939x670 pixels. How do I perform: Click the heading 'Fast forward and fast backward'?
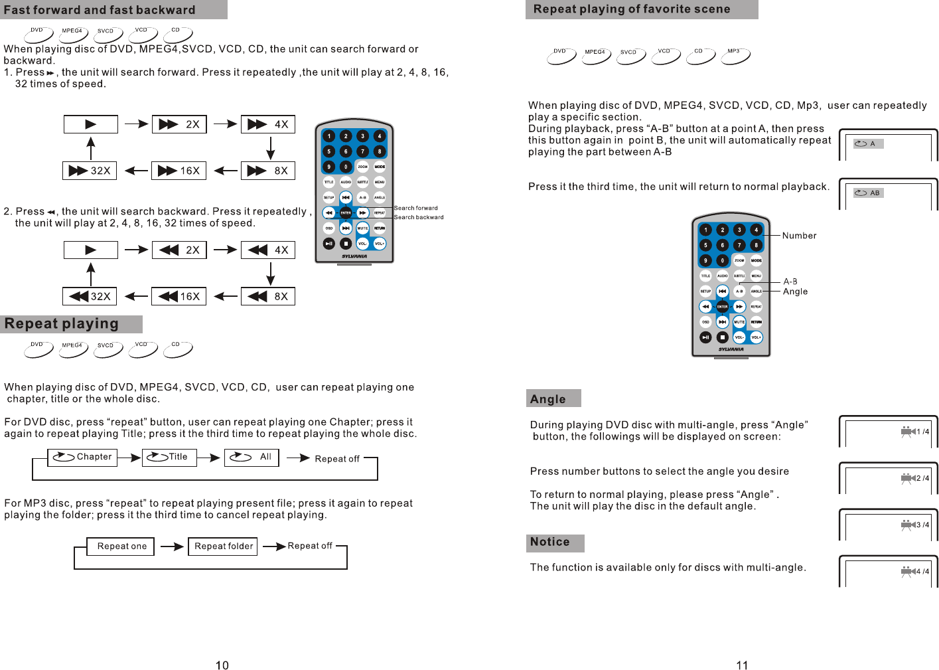(100, 10)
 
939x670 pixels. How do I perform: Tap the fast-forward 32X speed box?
(90, 171)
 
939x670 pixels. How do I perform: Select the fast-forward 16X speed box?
(179, 171)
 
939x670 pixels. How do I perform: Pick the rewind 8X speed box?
(267, 296)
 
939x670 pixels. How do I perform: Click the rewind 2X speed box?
(179, 250)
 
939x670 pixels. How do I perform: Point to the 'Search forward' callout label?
(416, 208)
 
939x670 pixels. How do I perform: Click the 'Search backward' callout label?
(419, 217)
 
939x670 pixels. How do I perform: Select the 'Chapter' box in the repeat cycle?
(82, 457)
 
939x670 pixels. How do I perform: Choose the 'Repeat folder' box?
(223, 546)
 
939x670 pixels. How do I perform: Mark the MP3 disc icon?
(735, 56)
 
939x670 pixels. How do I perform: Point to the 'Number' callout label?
(799, 236)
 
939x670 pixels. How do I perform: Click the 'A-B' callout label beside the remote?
(790, 282)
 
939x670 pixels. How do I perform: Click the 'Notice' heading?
(550, 542)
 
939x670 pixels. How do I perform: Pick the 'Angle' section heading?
(548, 399)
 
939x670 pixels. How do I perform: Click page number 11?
(742, 665)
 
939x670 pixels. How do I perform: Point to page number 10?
(222, 665)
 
